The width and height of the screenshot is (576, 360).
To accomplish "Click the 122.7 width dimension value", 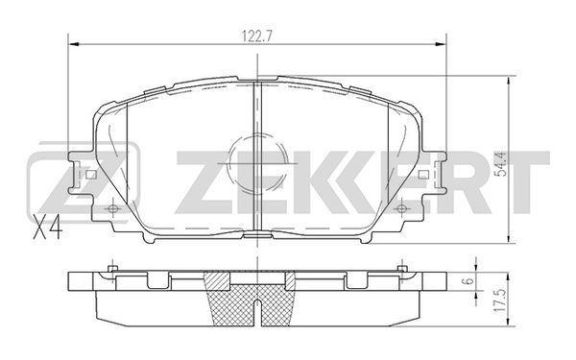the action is pyautogui.click(x=258, y=36).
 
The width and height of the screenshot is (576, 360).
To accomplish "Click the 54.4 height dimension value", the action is pyautogui.click(x=501, y=163).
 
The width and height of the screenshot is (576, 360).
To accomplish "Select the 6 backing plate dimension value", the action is pyautogui.click(x=469, y=280).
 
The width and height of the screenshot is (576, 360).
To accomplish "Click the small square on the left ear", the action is pyautogui.click(x=91, y=175).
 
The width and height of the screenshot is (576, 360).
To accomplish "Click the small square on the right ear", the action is pyautogui.click(x=423, y=175).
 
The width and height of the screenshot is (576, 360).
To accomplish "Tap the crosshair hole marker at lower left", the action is pyautogui.click(x=113, y=208).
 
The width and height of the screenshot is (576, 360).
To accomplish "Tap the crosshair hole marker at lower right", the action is pyautogui.click(x=401, y=208).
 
